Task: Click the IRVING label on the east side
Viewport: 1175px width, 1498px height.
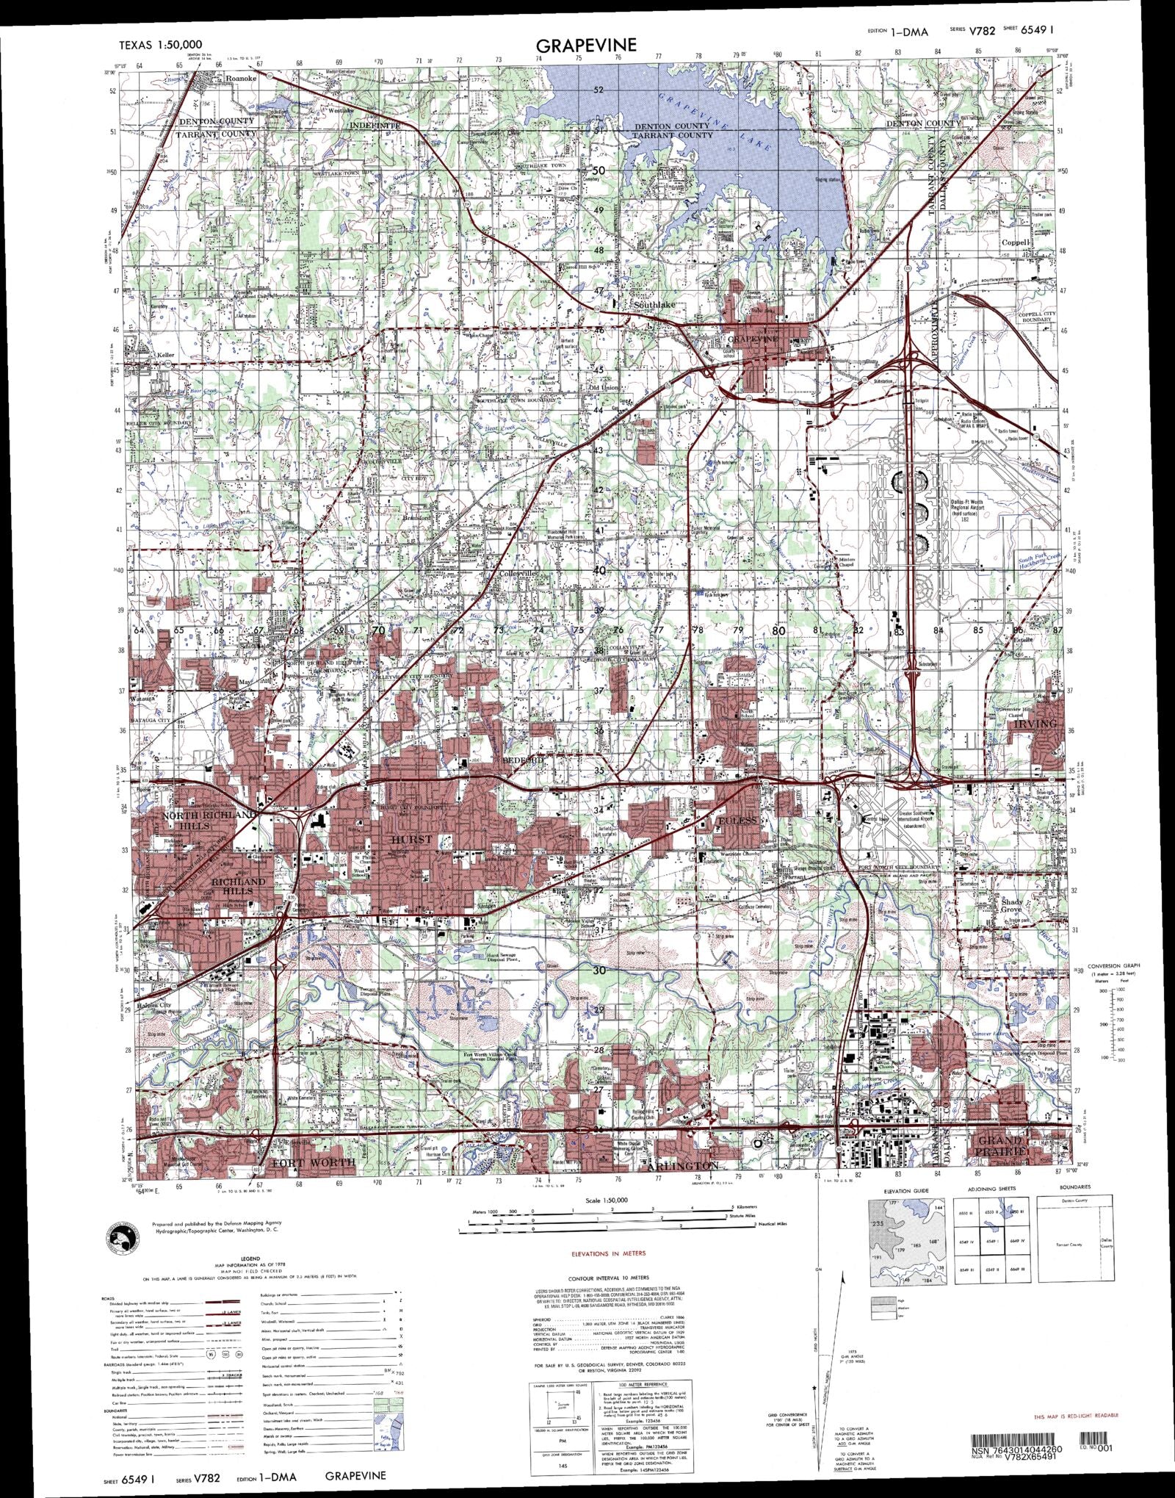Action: pyautogui.click(x=1035, y=724)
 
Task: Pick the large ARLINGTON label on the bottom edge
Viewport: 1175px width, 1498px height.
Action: pyautogui.click(x=682, y=1166)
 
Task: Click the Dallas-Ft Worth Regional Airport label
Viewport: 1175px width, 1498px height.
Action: pyautogui.click(x=961, y=506)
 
